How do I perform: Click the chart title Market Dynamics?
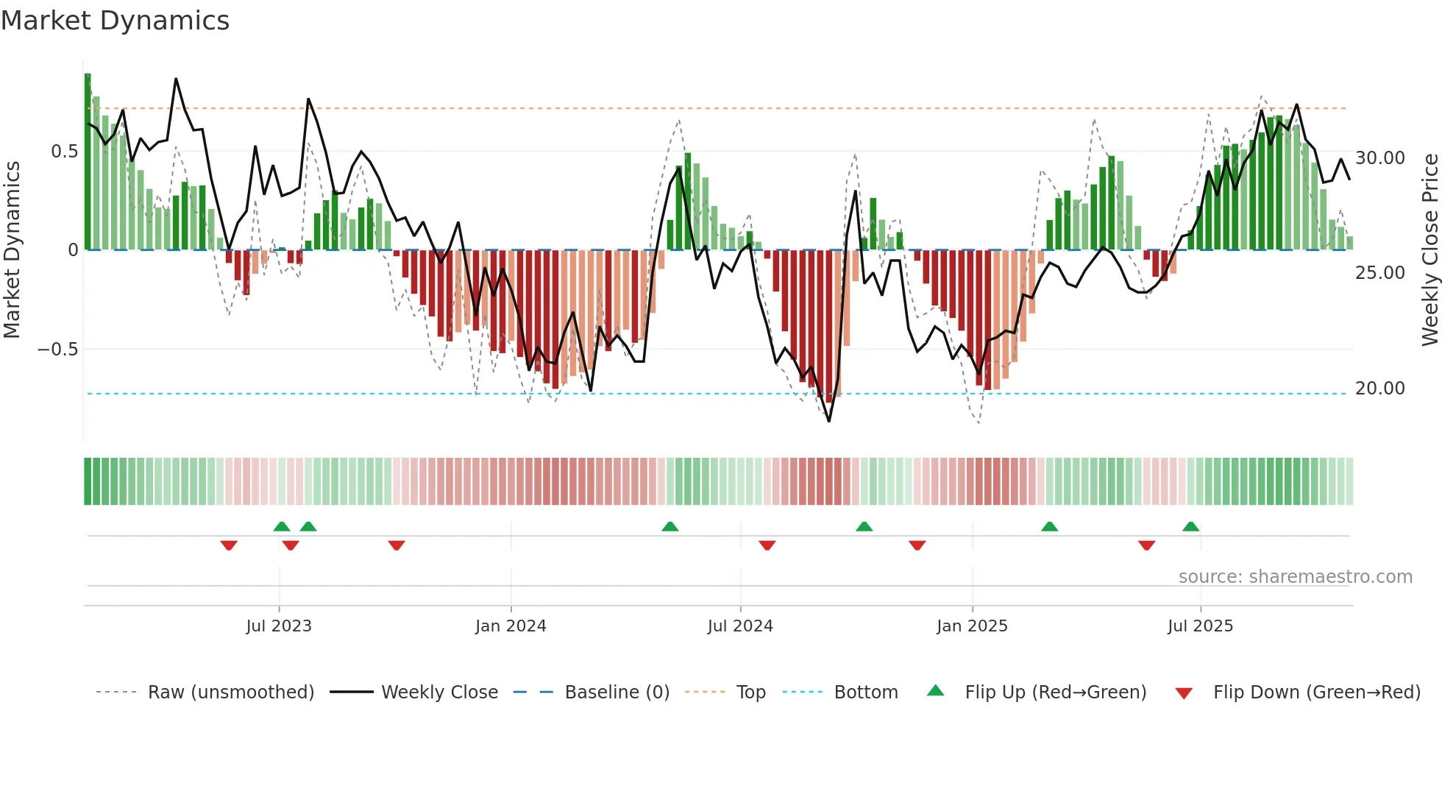115,21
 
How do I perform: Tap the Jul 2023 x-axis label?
279,626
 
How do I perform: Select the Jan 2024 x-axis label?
511,626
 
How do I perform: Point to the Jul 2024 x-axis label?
740,626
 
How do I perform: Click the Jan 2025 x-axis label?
972,626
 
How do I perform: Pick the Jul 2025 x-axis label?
1200,626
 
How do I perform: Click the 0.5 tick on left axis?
64,152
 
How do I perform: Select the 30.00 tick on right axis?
1380,158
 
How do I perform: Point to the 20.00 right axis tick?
1380,389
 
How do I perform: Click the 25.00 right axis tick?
1380,273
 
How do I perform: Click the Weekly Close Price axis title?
1429,249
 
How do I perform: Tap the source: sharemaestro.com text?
1295,577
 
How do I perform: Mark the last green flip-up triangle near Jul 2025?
1190,527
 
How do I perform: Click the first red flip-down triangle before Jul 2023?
229,545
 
